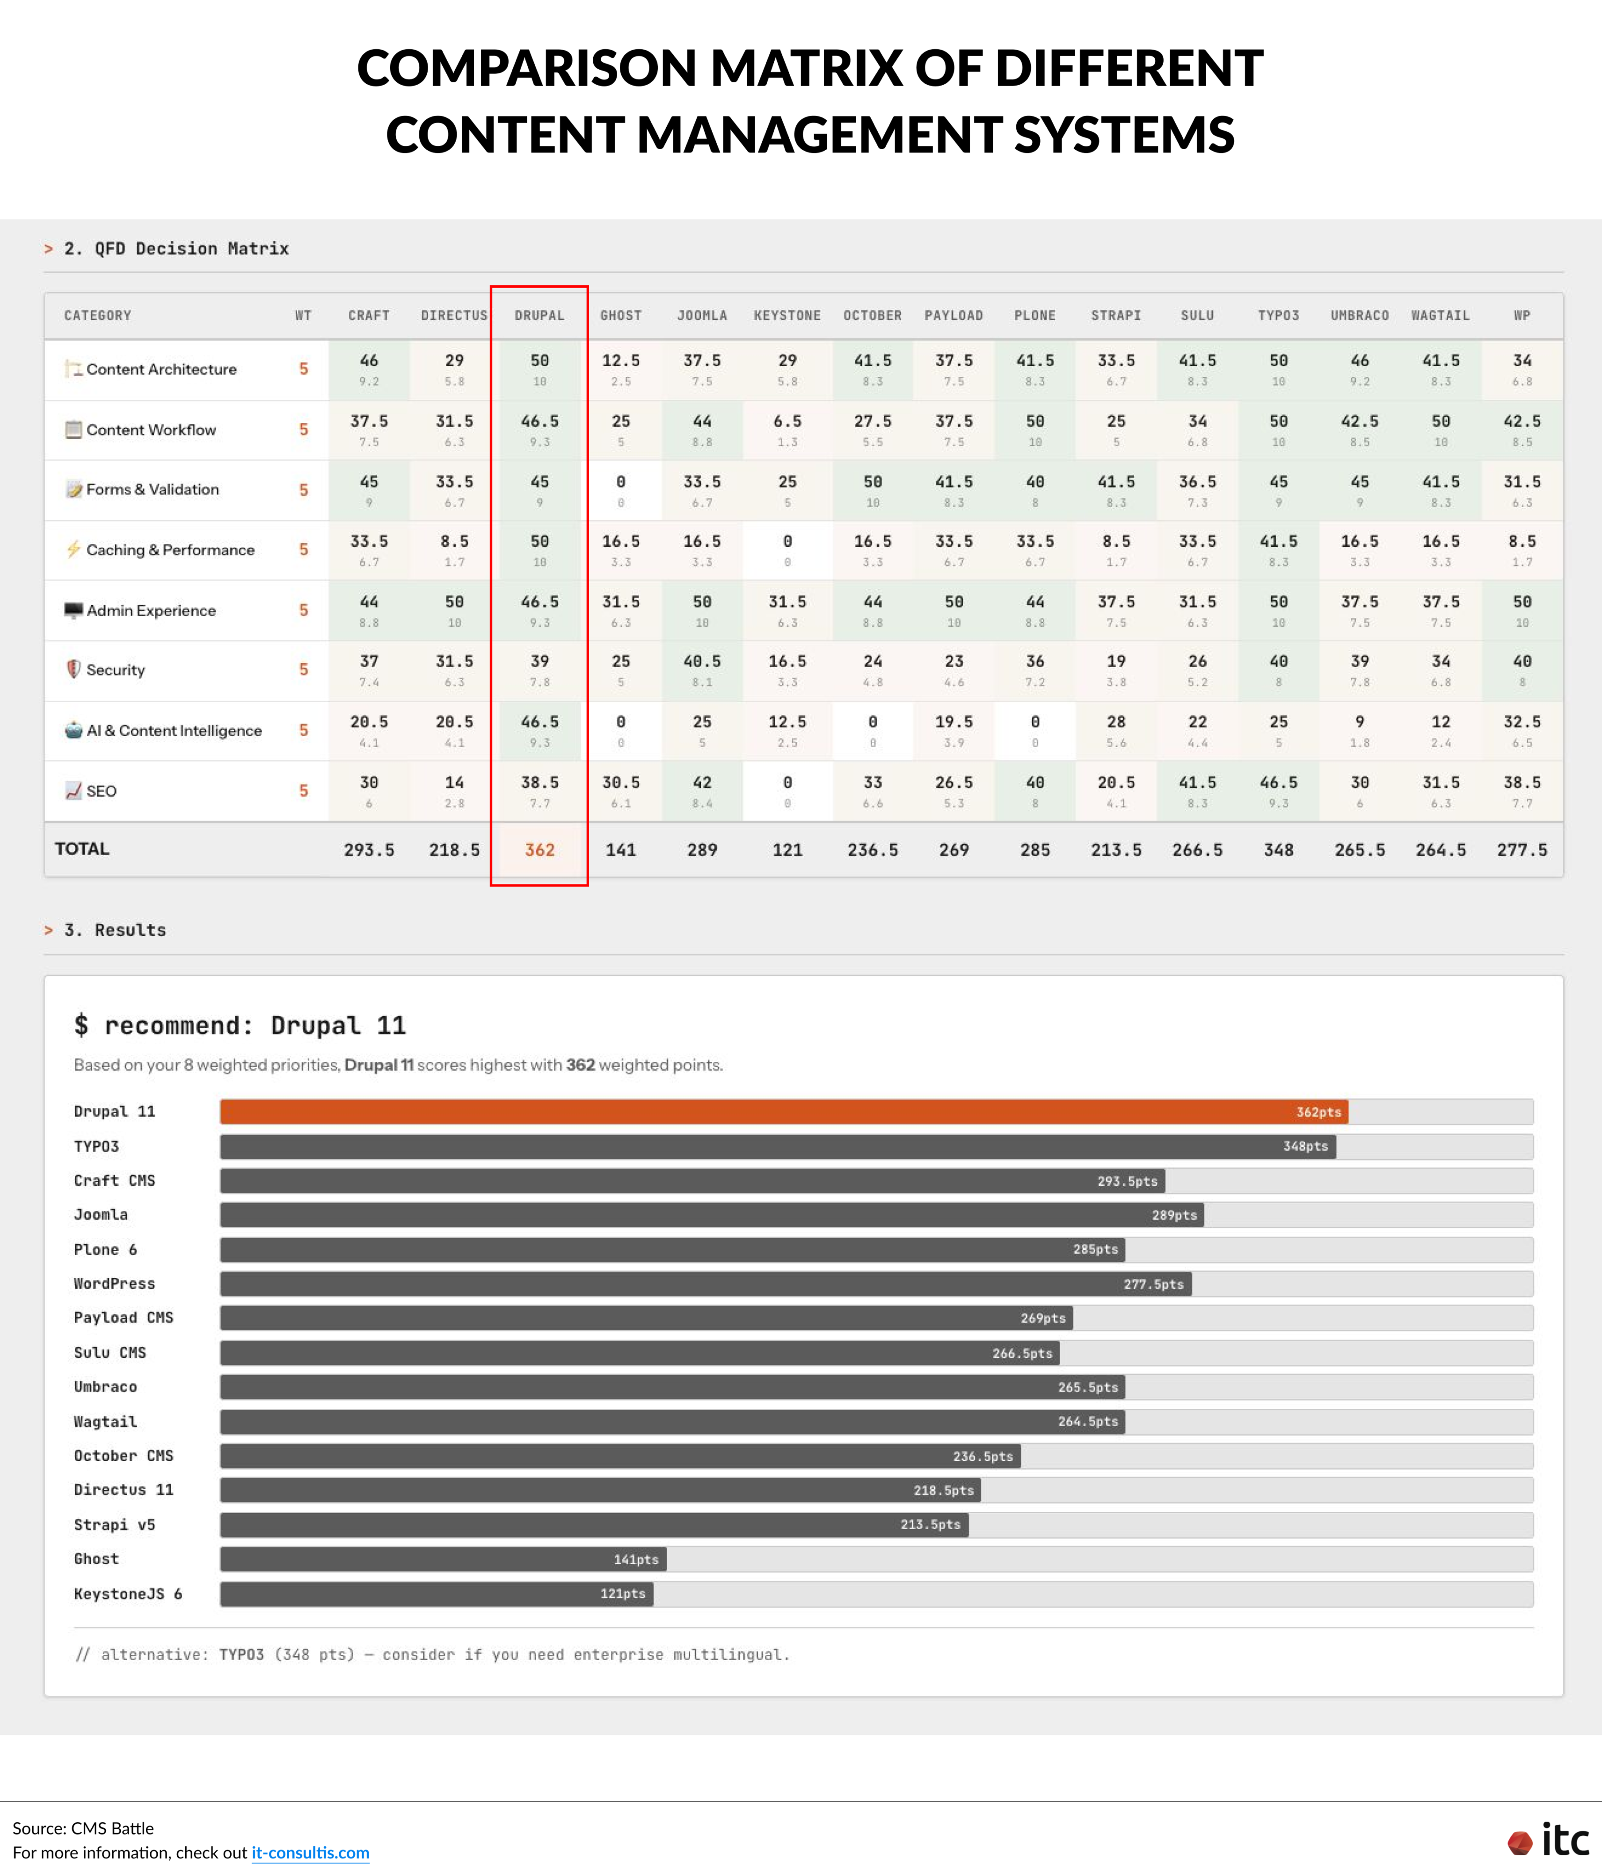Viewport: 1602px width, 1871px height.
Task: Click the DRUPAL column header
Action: pos(539,315)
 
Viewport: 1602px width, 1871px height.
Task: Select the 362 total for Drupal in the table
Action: pos(539,850)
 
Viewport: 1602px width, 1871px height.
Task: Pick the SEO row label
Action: pos(101,791)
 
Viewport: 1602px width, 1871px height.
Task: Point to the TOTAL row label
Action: pos(82,849)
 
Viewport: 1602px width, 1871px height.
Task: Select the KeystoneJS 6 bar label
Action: pos(127,1594)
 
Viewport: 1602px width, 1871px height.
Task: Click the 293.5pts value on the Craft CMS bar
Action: pos(1127,1181)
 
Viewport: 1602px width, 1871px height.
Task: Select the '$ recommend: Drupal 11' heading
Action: pos(240,1026)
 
